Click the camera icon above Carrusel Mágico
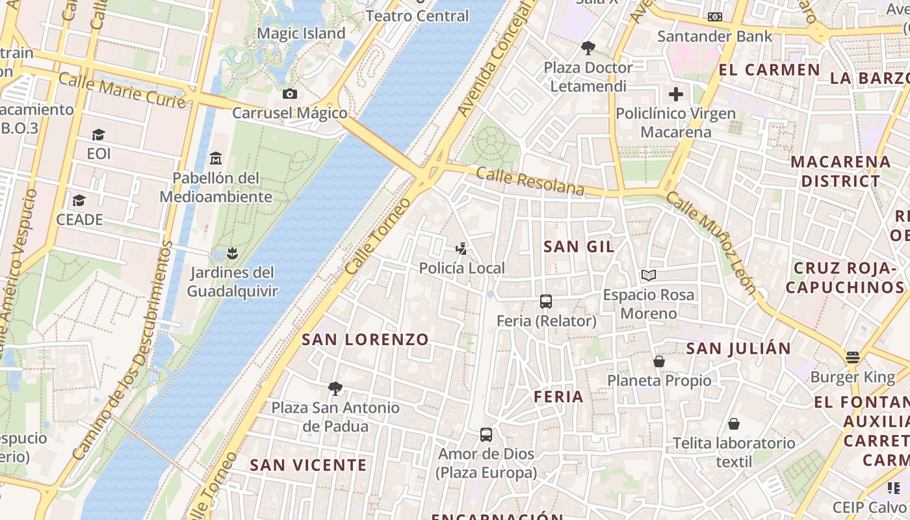(x=290, y=94)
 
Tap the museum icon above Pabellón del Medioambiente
(x=216, y=159)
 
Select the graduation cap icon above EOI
(x=98, y=135)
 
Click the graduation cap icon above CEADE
(x=79, y=200)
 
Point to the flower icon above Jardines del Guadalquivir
(x=232, y=253)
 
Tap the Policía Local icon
(x=461, y=249)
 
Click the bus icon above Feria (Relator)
(x=546, y=302)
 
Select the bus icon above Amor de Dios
(x=486, y=435)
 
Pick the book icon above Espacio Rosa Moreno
(x=648, y=276)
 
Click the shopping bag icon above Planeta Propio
(x=659, y=361)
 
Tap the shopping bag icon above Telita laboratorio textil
(x=734, y=424)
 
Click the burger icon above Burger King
(x=853, y=357)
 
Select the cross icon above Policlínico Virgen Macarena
(x=676, y=94)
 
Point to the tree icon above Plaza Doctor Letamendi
(x=588, y=47)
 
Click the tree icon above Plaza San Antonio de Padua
(x=335, y=389)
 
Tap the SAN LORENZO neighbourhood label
(x=365, y=339)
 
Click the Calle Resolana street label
(x=530, y=181)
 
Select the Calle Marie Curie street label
(x=122, y=90)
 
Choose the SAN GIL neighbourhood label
(x=579, y=246)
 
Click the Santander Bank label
(x=714, y=36)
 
